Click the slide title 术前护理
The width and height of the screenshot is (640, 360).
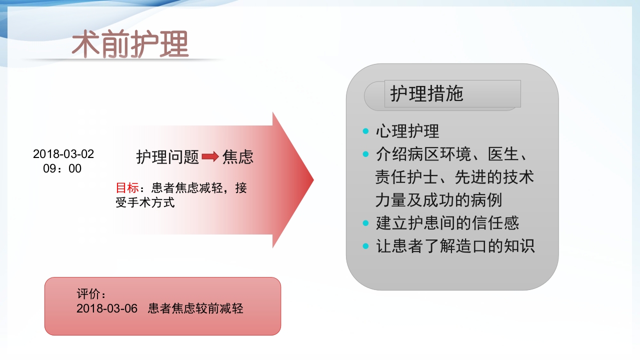pos(130,44)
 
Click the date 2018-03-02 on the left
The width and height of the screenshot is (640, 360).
pos(63,154)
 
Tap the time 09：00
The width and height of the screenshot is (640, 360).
pos(62,168)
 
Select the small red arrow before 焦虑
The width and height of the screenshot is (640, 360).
pos(210,157)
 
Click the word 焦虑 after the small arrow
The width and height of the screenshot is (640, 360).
pos(238,157)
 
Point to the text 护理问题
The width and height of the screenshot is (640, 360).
pos(168,157)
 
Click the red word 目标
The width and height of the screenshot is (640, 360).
pos(127,188)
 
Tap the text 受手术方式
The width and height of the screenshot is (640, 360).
pos(145,202)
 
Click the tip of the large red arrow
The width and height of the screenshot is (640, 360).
pos(312,180)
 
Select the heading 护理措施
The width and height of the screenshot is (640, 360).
pos(427,94)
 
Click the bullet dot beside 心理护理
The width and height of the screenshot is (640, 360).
pos(365,131)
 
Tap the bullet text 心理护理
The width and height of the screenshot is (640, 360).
pos(407,131)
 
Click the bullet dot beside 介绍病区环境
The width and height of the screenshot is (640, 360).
pos(365,154)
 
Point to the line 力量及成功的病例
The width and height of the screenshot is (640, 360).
pos(438,200)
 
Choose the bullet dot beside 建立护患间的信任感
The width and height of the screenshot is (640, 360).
pos(365,223)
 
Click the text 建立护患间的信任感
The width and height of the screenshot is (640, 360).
pos(447,223)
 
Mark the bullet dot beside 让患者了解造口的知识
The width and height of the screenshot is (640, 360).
pos(365,246)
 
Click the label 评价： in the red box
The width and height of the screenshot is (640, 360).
pos(91,294)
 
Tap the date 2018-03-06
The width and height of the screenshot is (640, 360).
pos(107,308)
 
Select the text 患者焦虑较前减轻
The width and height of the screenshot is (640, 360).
pos(195,308)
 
